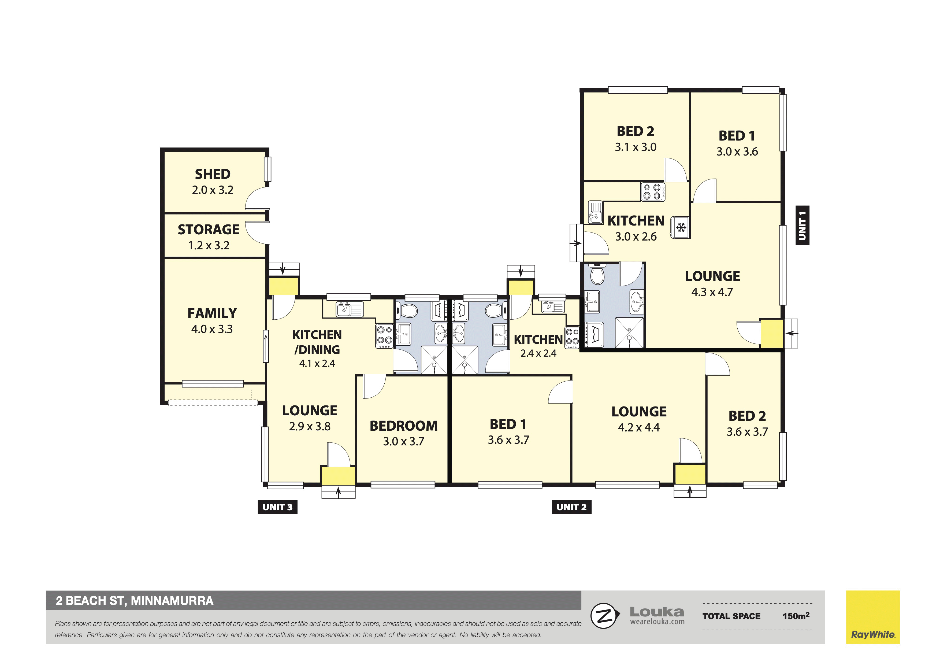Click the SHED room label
[x=213, y=174]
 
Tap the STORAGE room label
[x=208, y=229]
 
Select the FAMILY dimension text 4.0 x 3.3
[x=212, y=329]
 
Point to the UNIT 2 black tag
[x=571, y=507]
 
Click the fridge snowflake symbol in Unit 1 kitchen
[x=681, y=228]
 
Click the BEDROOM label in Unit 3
[x=404, y=426]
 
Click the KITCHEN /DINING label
[x=317, y=342]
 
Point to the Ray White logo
[x=873, y=617]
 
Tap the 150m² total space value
[x=796, y=616]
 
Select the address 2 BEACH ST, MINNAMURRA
[x=135, y=601]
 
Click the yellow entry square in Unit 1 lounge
[x=772, y=333]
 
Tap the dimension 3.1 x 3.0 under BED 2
[x=636, y=147]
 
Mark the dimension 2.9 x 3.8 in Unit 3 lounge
[x=310, y=427]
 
